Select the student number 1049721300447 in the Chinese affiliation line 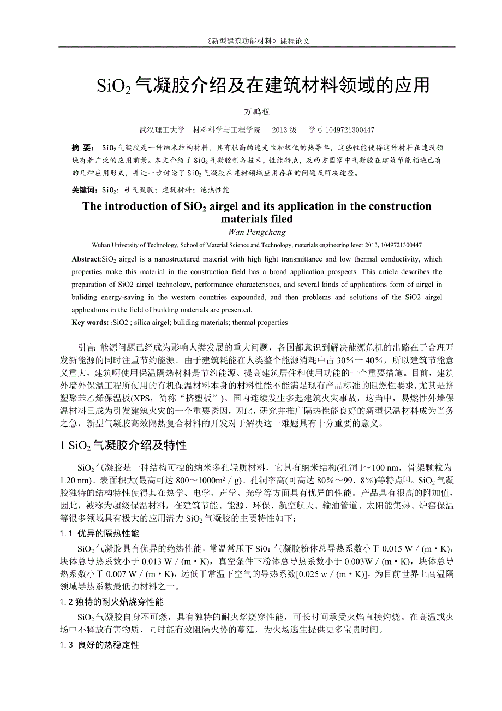[x=350, y=130]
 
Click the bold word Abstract [x=86, y=259]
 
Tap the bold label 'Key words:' [x=90, y=323]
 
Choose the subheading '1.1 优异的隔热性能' [x=99, y=533]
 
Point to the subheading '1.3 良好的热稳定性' [x=99, y=645]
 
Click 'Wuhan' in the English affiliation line [x=101, y=246]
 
